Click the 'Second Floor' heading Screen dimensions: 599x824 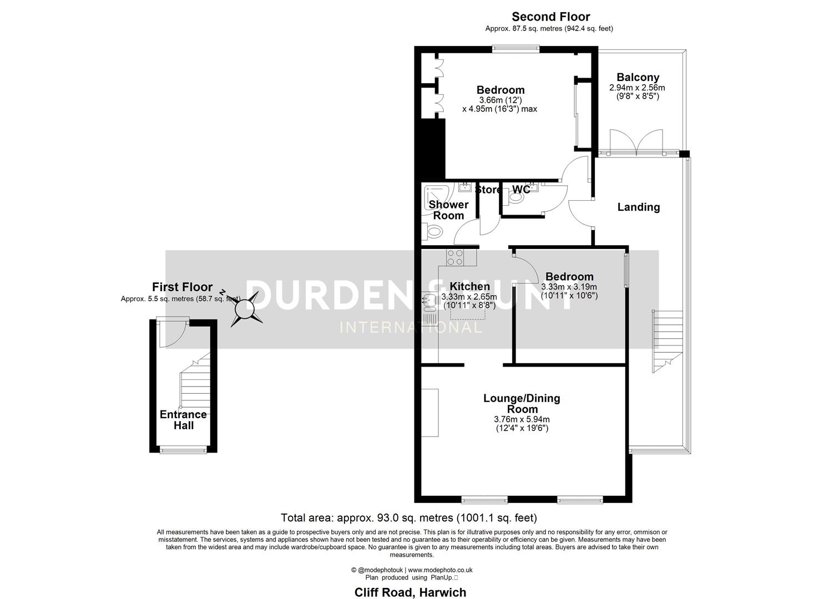coord(550,17)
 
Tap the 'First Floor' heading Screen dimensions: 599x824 coord(182,287)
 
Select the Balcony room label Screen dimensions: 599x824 coord(638,77)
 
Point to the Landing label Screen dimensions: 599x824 coord(639,207)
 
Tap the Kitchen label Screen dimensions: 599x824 coord(469,286)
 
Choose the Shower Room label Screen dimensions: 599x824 coord(448,210)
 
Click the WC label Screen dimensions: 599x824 coord(520,190)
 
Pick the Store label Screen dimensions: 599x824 coord(488,190)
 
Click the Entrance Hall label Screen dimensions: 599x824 coord(183,420)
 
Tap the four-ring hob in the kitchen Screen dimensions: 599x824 coord(455,257)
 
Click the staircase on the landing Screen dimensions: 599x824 coord(666,341)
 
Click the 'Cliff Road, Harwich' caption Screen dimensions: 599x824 coord(411,592)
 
